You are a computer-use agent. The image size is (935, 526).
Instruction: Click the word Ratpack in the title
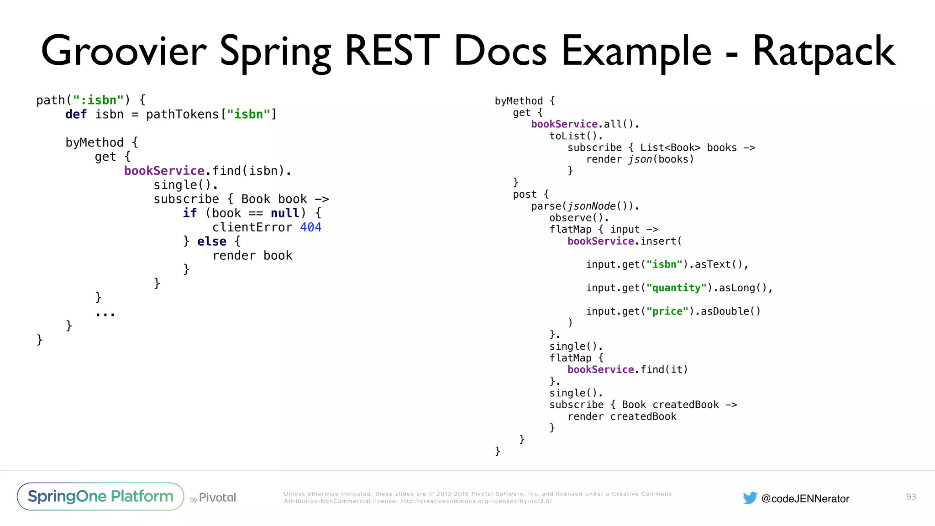coord(823,52)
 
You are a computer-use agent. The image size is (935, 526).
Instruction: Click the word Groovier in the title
coord(124,52)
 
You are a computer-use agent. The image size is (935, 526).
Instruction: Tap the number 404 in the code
coord(310,227)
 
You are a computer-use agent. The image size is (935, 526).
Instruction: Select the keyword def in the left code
coord(76,114)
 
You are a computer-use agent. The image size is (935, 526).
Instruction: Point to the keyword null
coord(285,213)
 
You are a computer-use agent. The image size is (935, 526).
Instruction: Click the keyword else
coord(211,242)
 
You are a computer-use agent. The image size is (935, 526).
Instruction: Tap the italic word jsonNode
coord(592,206)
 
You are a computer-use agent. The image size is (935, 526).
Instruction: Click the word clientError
coord(252,227)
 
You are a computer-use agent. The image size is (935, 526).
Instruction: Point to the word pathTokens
coord(182,114)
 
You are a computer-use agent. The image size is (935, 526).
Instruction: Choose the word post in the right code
coord(525,195)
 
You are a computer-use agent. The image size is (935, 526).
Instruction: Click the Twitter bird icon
coord(750,498)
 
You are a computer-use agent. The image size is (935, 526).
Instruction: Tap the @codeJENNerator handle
coord(805,499)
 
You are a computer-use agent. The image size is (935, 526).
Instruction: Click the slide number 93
coord(911,497)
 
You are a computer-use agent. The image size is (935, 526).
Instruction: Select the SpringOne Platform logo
coord(100,496)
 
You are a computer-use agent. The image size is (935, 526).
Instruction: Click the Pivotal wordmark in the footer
coord(218,498)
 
